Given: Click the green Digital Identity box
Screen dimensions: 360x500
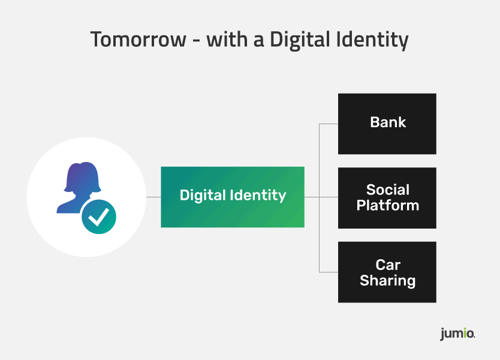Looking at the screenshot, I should pos(233,197).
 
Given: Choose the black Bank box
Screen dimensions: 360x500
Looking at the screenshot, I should pos(387,124).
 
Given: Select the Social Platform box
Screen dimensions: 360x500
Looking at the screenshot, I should pos(387,197).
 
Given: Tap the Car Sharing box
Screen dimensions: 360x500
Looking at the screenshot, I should pos(387,272).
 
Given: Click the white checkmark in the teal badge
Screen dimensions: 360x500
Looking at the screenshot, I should pos(98,217).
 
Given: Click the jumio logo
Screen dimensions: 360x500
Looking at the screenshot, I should pos(457,334).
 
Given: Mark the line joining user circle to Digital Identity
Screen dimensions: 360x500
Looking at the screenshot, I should pos(153,197).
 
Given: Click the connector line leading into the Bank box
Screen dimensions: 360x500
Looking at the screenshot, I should pos(329,124).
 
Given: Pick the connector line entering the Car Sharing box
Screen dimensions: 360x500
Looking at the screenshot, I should pos(329,272).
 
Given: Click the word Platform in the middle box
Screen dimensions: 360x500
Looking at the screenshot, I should pos(388,205).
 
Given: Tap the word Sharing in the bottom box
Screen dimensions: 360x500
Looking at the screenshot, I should pos(388,280).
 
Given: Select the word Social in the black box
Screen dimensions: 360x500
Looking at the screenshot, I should pos(388,190).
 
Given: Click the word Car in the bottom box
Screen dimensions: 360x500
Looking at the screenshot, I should pos(388,265).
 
